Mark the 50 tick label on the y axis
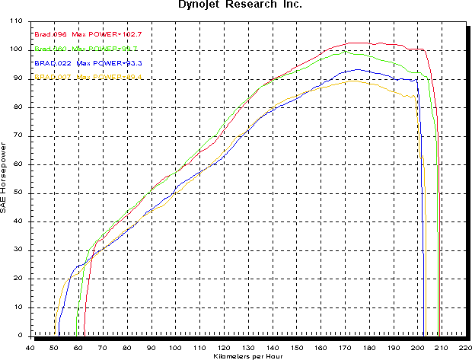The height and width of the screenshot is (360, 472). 18,193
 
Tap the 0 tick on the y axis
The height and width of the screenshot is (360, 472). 21,336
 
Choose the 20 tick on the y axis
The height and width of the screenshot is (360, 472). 18,279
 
